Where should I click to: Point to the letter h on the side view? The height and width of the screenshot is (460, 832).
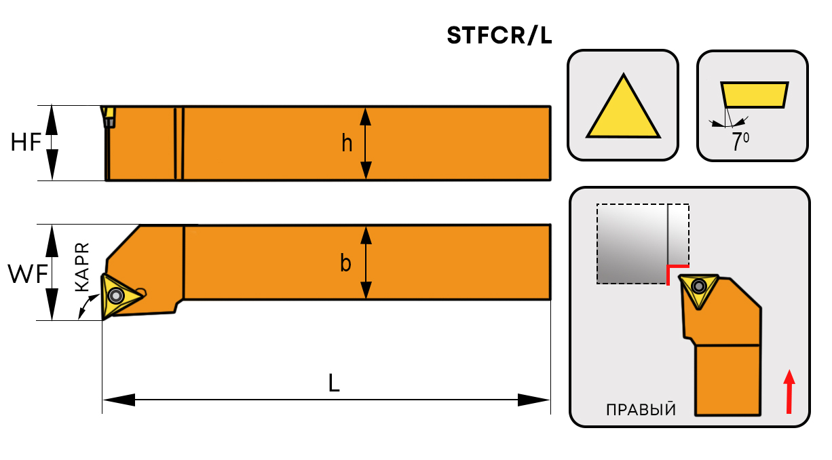coord(347,144)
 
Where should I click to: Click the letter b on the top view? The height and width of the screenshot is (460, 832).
coord(345,263)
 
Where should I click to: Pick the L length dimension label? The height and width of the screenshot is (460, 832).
coord(333,383)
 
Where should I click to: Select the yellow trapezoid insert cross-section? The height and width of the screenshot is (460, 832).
coord(754,94)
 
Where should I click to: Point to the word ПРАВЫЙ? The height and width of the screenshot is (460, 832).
coord(641,409)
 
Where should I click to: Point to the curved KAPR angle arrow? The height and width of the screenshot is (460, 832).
coord(85,309)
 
